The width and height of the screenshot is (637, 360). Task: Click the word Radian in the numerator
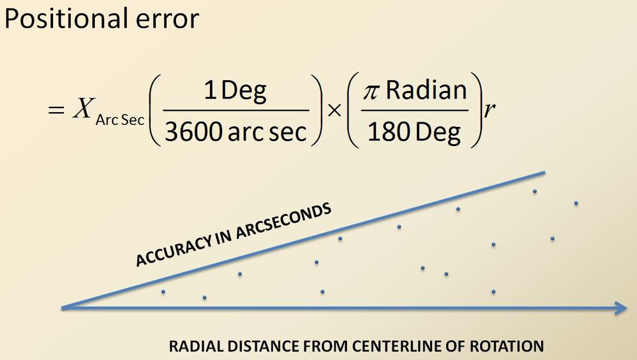coord(426,90)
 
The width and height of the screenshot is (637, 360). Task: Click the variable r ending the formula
coord(490,110)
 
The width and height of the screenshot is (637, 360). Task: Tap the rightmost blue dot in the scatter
coord(576,204)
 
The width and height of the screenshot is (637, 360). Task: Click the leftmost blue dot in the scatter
coord(163,292)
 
